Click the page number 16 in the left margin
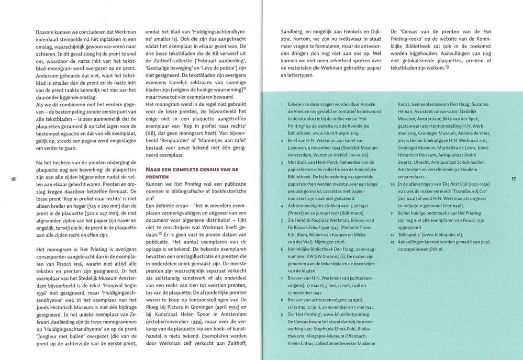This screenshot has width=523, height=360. click(x=14, y=179)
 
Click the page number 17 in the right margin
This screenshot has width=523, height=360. click(x=514, y=179)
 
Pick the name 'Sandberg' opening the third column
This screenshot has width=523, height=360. click(x=293, y=31)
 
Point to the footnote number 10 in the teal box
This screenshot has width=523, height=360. click(x=393, y=184)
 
